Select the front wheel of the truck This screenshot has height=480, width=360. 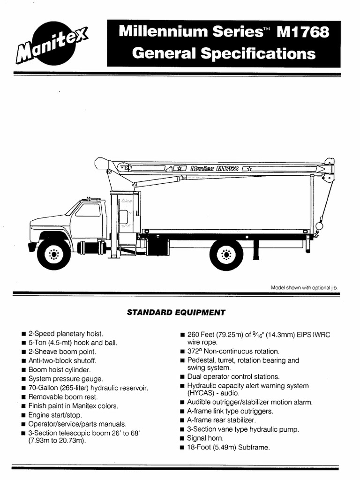(x=54, y=254)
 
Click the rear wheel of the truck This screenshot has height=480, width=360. (x=226, y=254)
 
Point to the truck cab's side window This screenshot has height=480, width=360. (x=88, y=210)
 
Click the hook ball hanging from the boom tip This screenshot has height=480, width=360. (x=319, y=226)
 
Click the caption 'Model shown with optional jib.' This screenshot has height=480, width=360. (x=304, y=287)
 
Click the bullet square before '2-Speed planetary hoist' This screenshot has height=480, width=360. (x=23, y=334)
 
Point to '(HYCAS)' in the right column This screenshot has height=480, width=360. (x=202, y=393)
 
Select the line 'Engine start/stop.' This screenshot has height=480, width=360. (x=55, y=415)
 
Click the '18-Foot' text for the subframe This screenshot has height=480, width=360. (x=201, y=448)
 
